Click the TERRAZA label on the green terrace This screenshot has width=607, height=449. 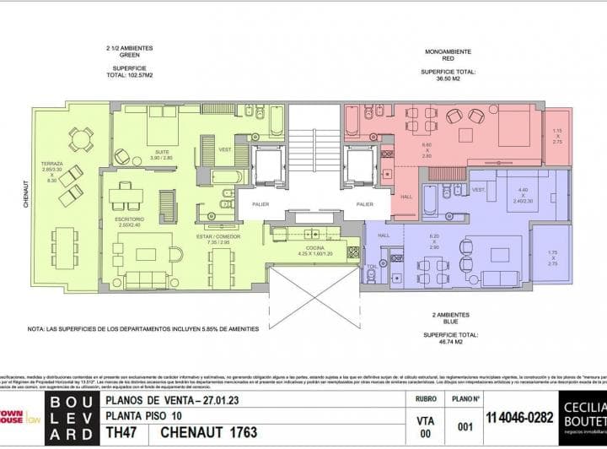[x=51, y=163]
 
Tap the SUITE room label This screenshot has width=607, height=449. [x=161, y=152]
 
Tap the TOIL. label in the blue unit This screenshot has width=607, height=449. [x=372, y=267]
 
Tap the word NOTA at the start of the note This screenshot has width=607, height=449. [x=37, y=330]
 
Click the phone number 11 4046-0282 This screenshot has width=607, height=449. [x=519, y=415]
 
